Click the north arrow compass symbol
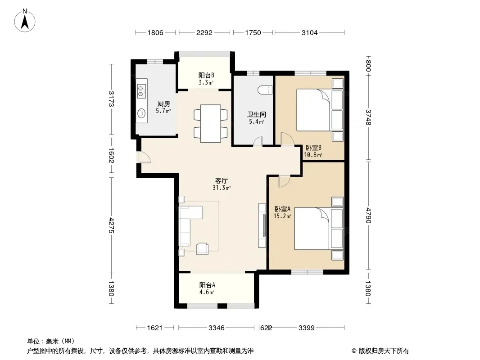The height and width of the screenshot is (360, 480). pos(25,21)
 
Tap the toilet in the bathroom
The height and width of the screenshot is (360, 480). pos(265,90)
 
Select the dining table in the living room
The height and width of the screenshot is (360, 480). pos(211,124)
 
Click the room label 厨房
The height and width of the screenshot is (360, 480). pos(164,103)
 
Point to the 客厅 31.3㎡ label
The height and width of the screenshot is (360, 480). pos(222,184)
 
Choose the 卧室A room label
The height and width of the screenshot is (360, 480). pos(282,209)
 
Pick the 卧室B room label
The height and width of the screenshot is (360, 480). pos(313,148)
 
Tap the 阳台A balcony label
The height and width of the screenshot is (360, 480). pos(207,285)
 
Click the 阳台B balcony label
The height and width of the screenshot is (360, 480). pos(206,75)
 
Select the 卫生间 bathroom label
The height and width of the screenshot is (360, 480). pos(257,114)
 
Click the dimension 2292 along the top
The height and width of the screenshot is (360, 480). pos(204,32)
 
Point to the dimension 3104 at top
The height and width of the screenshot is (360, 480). pos(309,32)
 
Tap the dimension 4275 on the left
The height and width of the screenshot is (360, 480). pos(111,225)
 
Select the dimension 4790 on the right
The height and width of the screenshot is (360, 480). pos(368,216)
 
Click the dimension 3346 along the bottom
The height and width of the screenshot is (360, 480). pos(217,328)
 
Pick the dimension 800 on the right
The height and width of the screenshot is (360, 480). pos(368,66)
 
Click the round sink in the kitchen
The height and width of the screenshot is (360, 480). pos(141,113)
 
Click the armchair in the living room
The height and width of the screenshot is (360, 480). pos(202,248)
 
